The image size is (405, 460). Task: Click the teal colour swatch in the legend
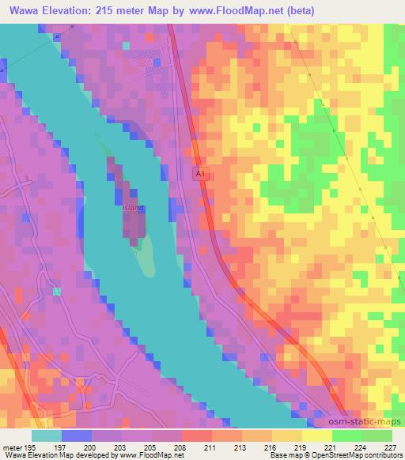point(46,435)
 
